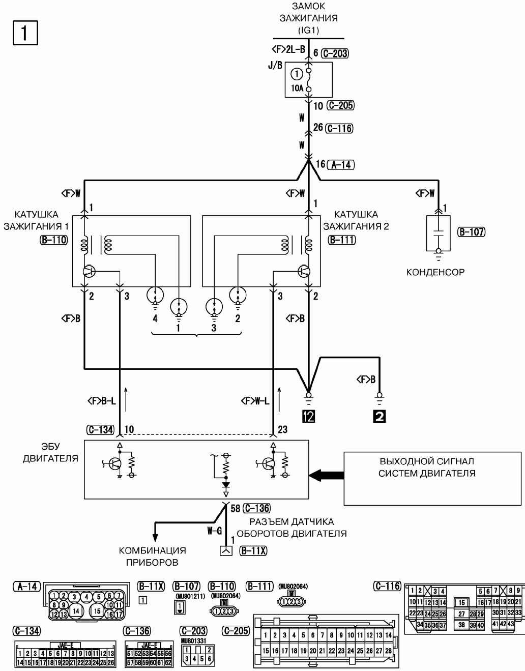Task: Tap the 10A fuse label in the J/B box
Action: coord(297,88)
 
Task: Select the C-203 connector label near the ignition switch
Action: coord(336,53)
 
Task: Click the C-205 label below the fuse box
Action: coord(340,105)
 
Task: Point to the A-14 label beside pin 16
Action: coord(341,164)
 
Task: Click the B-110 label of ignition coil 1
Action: coord(53,240)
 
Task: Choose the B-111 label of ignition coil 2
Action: coord(342,240)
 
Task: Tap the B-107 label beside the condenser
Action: coord(472,232)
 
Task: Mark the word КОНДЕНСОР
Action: coord(435,272)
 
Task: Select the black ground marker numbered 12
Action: coord(308,416)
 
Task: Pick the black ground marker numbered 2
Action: coord(379,416)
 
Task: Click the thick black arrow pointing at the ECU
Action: coord(326,475)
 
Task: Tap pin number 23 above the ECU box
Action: coord(282,429)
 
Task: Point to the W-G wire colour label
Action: coord(214,531)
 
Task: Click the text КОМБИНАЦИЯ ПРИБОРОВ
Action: coord(152,557)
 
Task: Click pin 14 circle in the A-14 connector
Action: coord(76,610)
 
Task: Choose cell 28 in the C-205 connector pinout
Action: coord(389,651)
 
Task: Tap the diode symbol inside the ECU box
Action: coord(226,485)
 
